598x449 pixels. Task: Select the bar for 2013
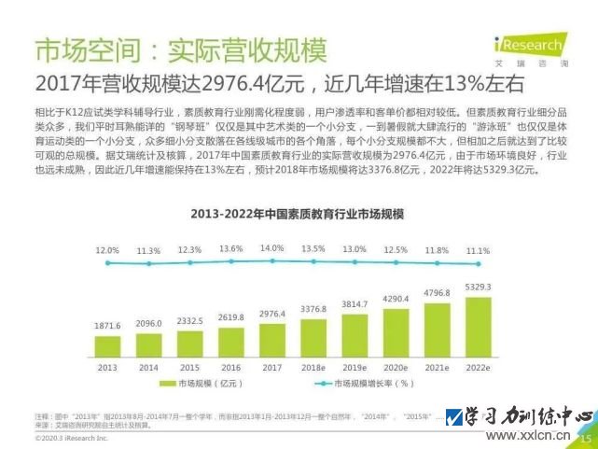click(105, 344)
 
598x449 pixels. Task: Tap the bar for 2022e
click(478, 327)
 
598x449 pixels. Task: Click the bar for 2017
click(271, 339)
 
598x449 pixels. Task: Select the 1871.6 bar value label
click(105, 325)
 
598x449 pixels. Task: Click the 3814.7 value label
click(354, 305)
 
